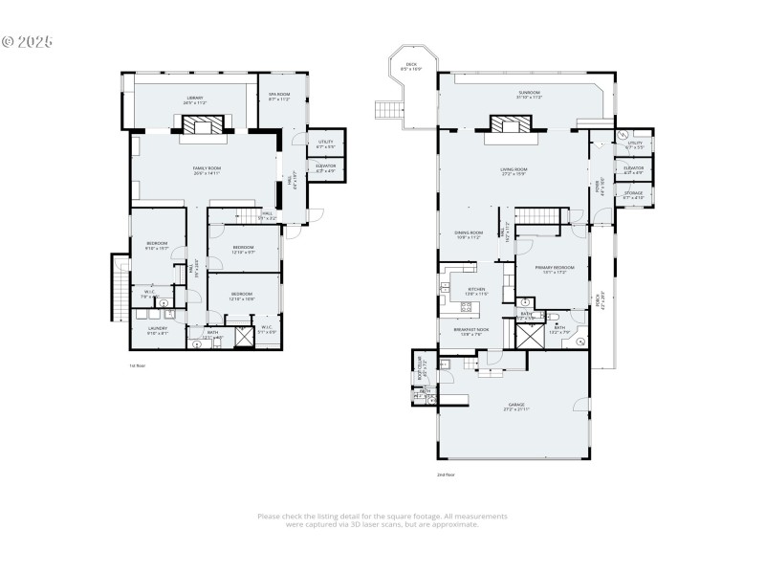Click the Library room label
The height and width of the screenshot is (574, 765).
click(195, 99)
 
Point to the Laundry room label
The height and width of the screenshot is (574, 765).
click(158, 330)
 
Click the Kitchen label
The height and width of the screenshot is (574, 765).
click(476, 290)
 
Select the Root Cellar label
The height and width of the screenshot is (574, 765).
click(419, 364)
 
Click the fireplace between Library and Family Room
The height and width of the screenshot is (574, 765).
click(201, 125)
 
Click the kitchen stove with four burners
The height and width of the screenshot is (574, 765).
click(467, 308)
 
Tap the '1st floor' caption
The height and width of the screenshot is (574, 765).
click(137, 365)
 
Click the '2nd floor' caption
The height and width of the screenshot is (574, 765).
click(446, 474)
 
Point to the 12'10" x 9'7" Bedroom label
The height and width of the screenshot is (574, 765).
click(243, 250)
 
